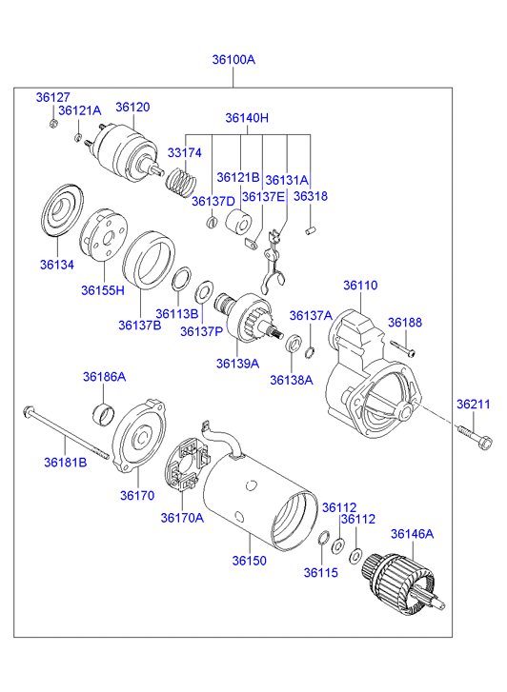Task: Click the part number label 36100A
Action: pos(233,59)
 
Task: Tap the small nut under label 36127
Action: pos(52,123)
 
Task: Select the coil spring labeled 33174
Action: pos(181,182)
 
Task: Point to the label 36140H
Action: pos(247,118)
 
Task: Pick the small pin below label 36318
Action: pos(312,230)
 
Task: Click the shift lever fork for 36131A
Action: pos(273,262)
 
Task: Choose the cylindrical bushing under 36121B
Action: pos(238,222)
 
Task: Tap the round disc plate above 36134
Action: pos(61,210)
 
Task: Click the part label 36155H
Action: pos(103,290)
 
